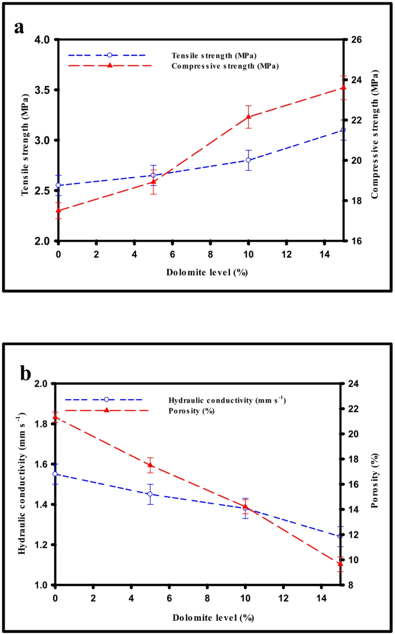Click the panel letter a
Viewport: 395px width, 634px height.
tap(19, 27)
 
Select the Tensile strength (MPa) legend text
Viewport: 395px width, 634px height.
tap(214, 55)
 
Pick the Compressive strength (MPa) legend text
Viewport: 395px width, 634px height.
tap(225, 66)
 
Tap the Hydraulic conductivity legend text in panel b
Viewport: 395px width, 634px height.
tap(227, 400)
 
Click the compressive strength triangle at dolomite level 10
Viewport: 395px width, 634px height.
tap(249, 117)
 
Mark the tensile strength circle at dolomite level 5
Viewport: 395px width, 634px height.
tap(153, 175)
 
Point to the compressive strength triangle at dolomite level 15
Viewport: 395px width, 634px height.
tap(343, 87)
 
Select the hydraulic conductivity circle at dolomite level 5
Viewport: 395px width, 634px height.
tap(151, 494)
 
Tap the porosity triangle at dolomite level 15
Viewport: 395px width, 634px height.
tap(340, 564)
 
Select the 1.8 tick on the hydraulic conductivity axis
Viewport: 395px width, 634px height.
tap(42, 424)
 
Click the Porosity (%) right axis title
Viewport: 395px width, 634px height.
tap(374, 485)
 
